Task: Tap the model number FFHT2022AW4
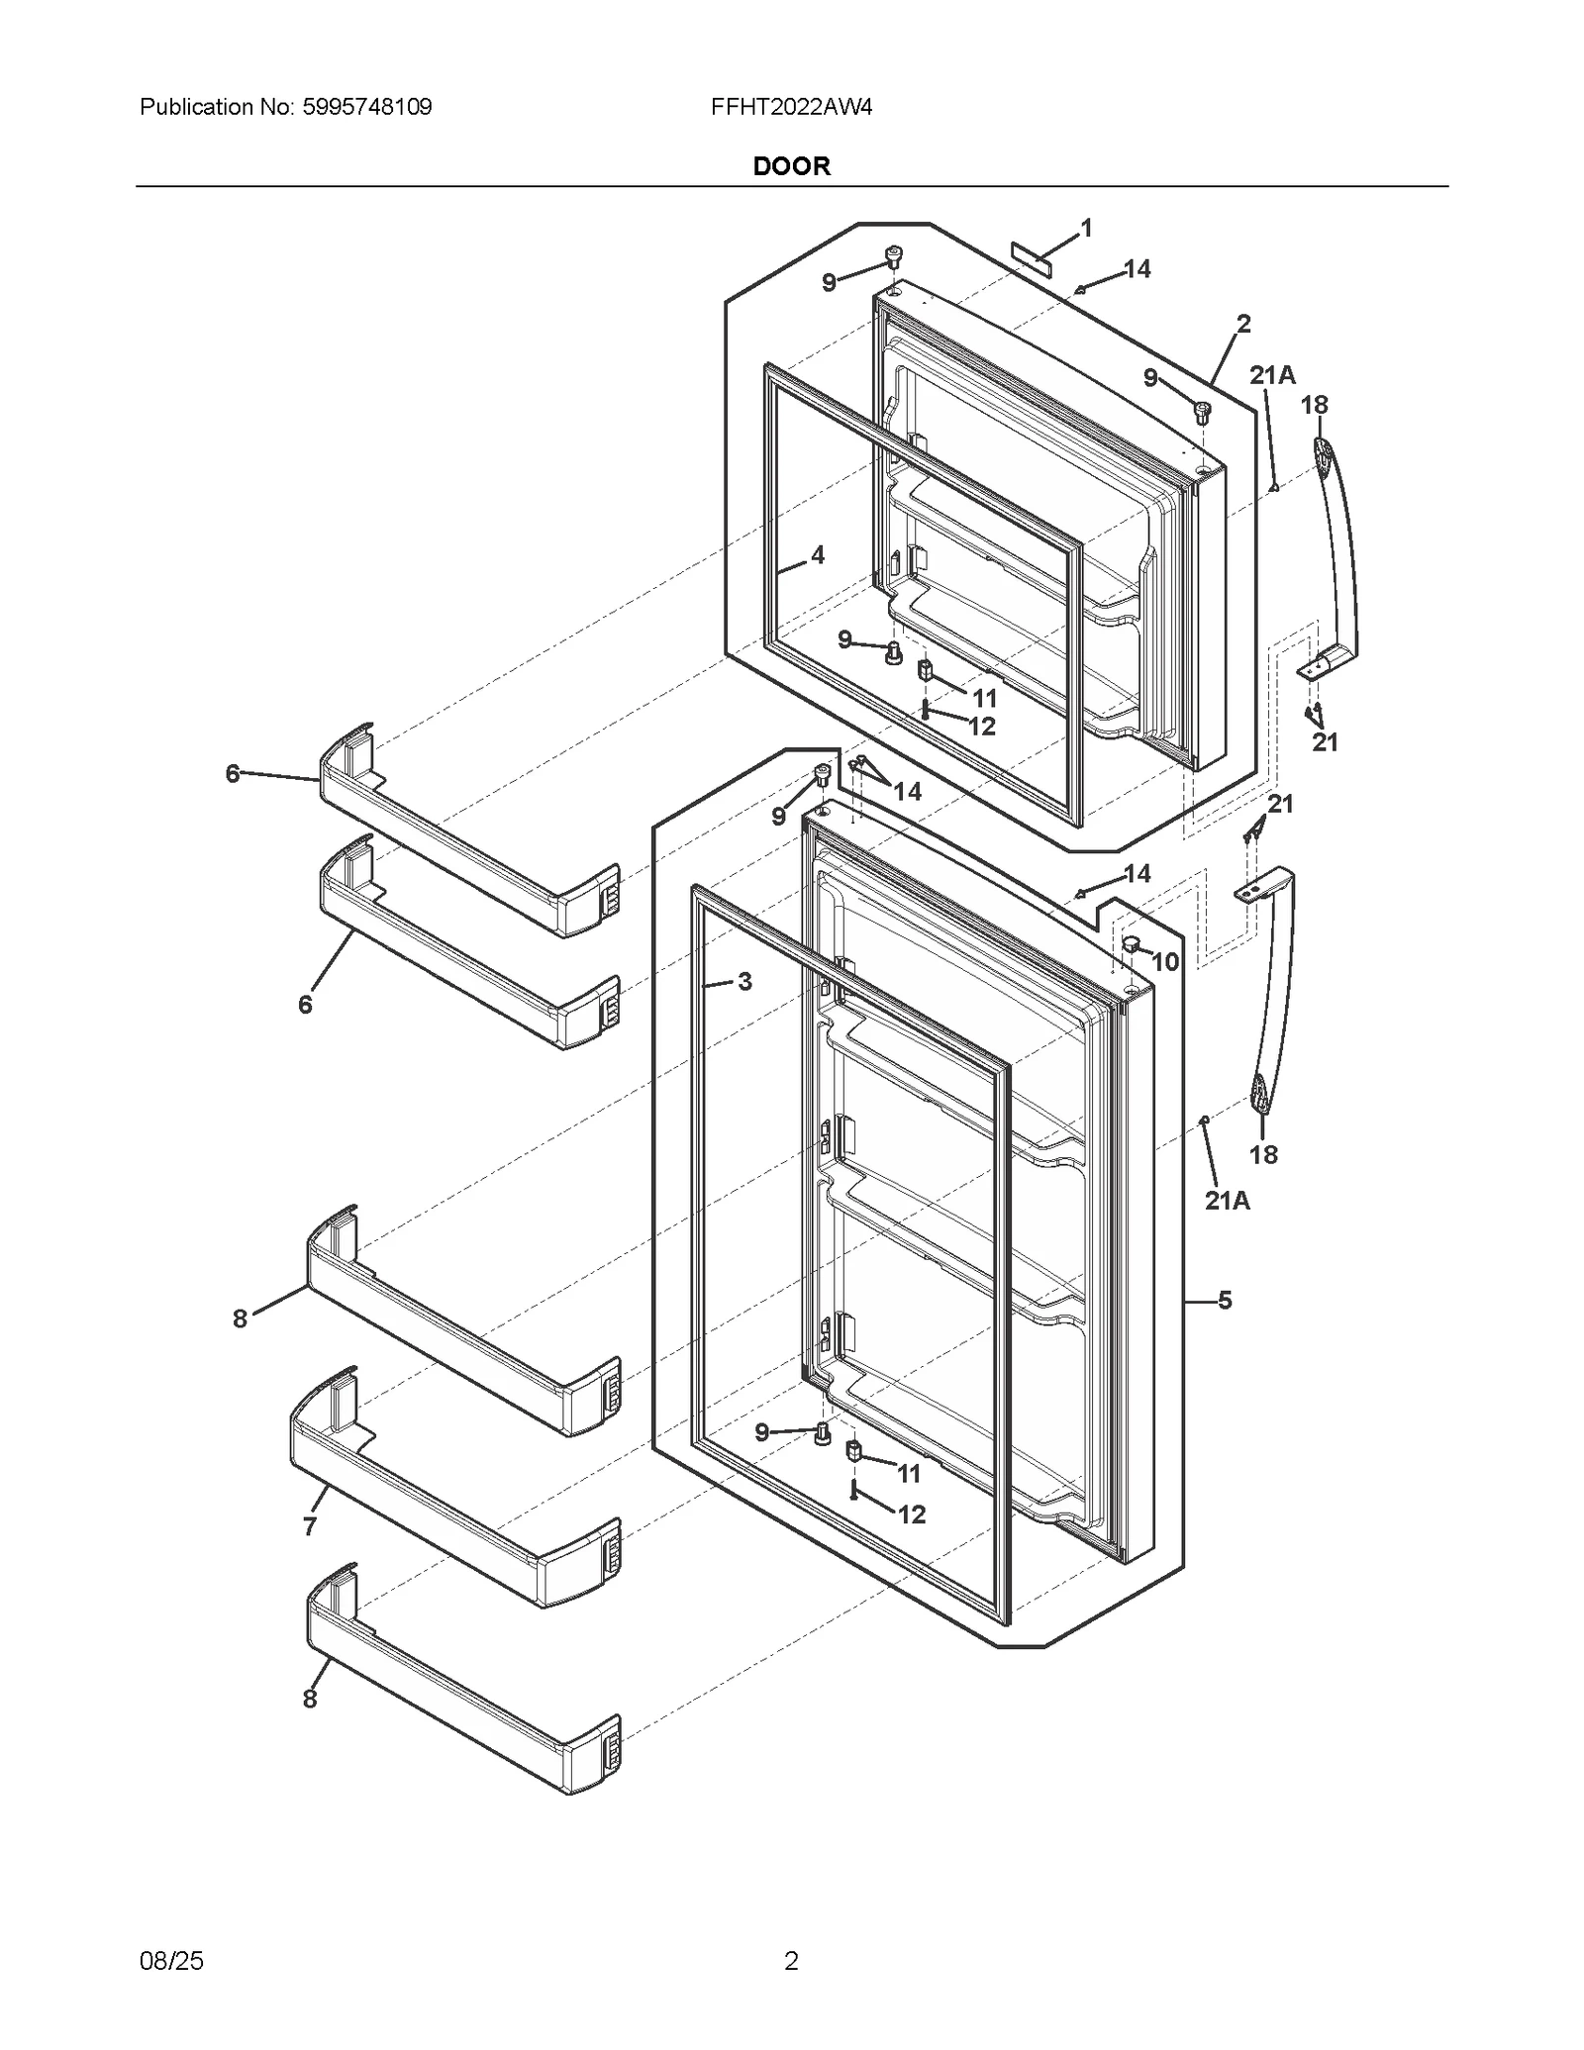791,107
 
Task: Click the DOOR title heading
791,166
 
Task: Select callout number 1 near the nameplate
1086,229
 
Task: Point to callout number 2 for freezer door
1243,324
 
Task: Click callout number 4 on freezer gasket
817,555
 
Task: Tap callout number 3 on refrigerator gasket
744,982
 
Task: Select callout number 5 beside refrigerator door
1225,1301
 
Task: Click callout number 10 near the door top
1165,961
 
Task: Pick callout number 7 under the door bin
310,1526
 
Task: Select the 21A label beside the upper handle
1272,375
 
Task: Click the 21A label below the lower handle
1228,1201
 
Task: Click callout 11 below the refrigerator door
909,1474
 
